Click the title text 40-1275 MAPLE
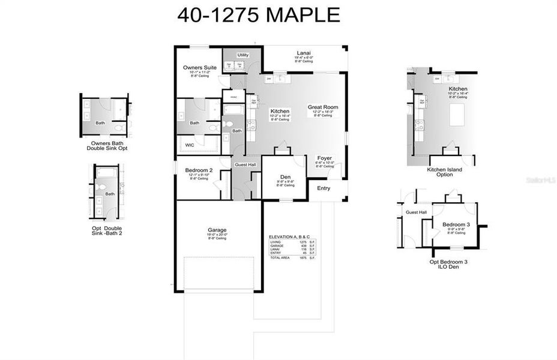tap(258, 15)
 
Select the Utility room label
tap(242, 55)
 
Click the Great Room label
tap(323, 107)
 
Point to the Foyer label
tap(324, 158)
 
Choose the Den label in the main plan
tap(285, 177)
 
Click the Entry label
tap(324, 188)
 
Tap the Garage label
tap(217, 230)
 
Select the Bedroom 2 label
tap(199, 170)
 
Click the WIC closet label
tap(190, 145)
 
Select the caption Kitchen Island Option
tap(444, 172)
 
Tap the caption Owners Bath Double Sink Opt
tap(107, 145)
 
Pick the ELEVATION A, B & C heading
tap(290, 237)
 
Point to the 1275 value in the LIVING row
tap(303, 242)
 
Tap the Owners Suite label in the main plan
tap(200, 68)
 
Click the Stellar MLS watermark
tap(538, 179)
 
